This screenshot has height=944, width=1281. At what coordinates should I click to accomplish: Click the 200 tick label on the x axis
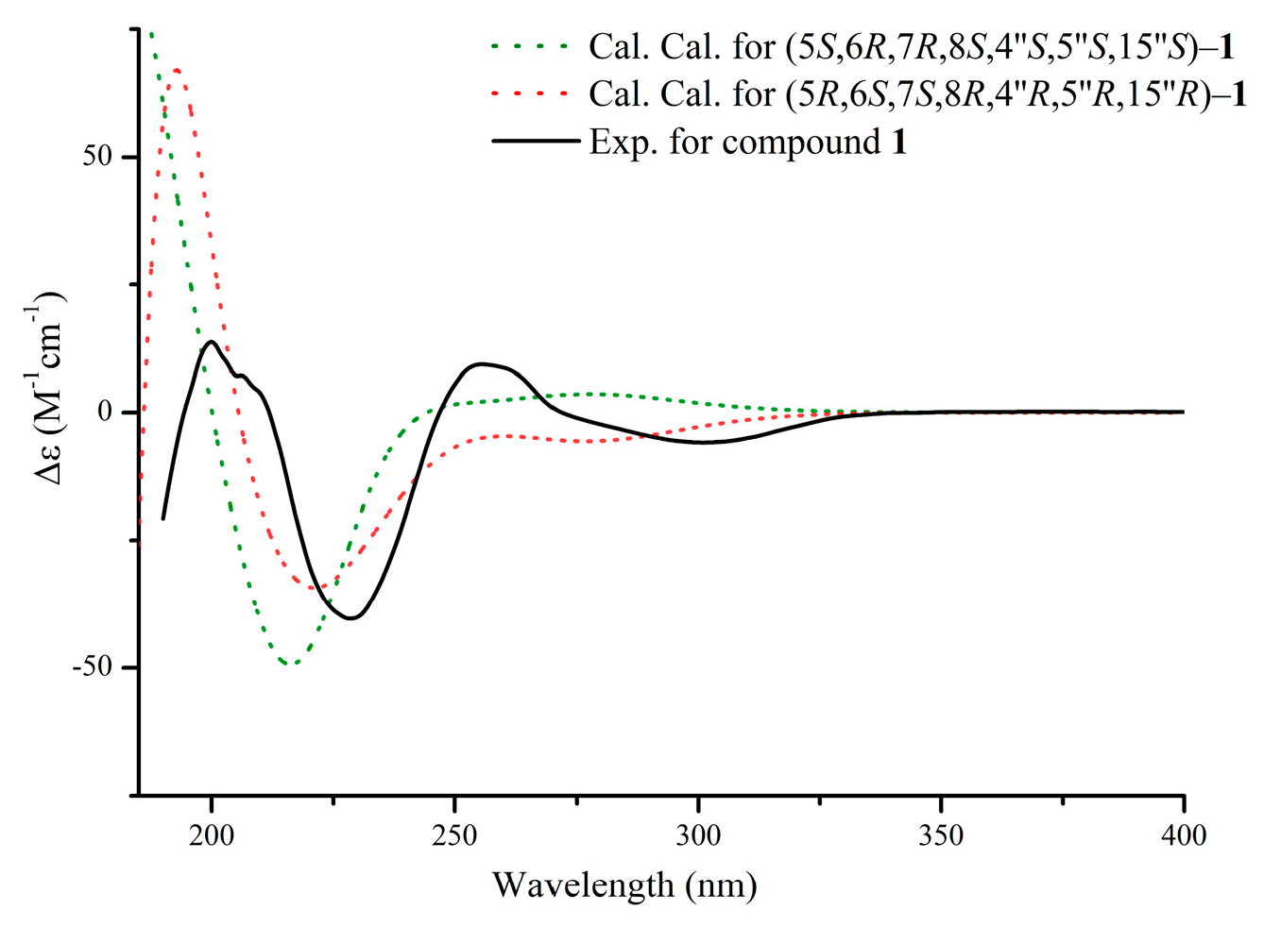212,835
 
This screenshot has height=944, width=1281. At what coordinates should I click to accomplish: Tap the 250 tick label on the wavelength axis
454,835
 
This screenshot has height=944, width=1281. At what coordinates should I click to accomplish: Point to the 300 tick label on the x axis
698,835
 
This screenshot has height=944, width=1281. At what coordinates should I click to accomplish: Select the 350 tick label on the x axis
941,835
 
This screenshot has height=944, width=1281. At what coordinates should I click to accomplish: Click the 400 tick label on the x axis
1184,835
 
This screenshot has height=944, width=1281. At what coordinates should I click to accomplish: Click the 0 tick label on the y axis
104,413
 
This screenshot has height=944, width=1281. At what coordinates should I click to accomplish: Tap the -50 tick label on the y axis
93,667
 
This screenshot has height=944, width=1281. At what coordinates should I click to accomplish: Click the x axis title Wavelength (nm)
624,885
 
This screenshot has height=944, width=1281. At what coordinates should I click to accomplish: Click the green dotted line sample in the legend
530,45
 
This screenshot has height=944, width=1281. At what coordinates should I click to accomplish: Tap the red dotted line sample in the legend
530,93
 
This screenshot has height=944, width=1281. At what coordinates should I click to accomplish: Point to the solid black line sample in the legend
536,142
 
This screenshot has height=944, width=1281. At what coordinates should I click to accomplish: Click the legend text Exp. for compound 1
747,142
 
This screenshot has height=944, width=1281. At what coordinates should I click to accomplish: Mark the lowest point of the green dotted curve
292,664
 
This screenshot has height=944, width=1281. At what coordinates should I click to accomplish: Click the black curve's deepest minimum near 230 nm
351,618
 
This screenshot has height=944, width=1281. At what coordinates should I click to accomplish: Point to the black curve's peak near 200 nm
211,342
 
